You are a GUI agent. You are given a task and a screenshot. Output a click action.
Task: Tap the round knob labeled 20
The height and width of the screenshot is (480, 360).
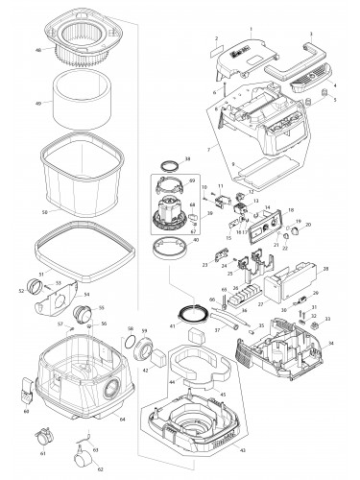tap(295, 227)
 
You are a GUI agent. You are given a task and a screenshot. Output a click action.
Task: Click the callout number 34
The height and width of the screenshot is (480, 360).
tap(332, 342)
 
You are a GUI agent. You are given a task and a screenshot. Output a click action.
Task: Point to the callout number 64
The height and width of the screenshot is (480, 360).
tap(121, 419)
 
